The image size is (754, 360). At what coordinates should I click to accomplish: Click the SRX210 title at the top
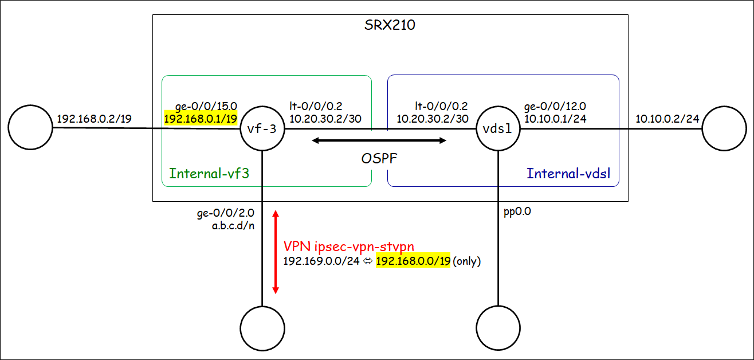tap(390, 25)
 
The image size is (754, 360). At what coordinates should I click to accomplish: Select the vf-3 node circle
tap(262, 128)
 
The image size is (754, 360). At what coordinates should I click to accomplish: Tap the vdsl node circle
tap(498, 128)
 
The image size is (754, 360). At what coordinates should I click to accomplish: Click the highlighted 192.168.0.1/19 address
tap(201, 119)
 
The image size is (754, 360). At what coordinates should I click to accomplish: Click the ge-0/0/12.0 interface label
tap(555, 107)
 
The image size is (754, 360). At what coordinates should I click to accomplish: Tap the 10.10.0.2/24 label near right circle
tap(667, 119)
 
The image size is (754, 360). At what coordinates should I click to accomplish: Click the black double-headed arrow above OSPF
tap(379, 140)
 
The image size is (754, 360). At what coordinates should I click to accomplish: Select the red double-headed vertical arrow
tap(276, 252)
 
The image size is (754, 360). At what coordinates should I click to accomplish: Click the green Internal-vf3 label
tap(209, 173)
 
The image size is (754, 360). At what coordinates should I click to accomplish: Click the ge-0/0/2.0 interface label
tap(226, 213)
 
